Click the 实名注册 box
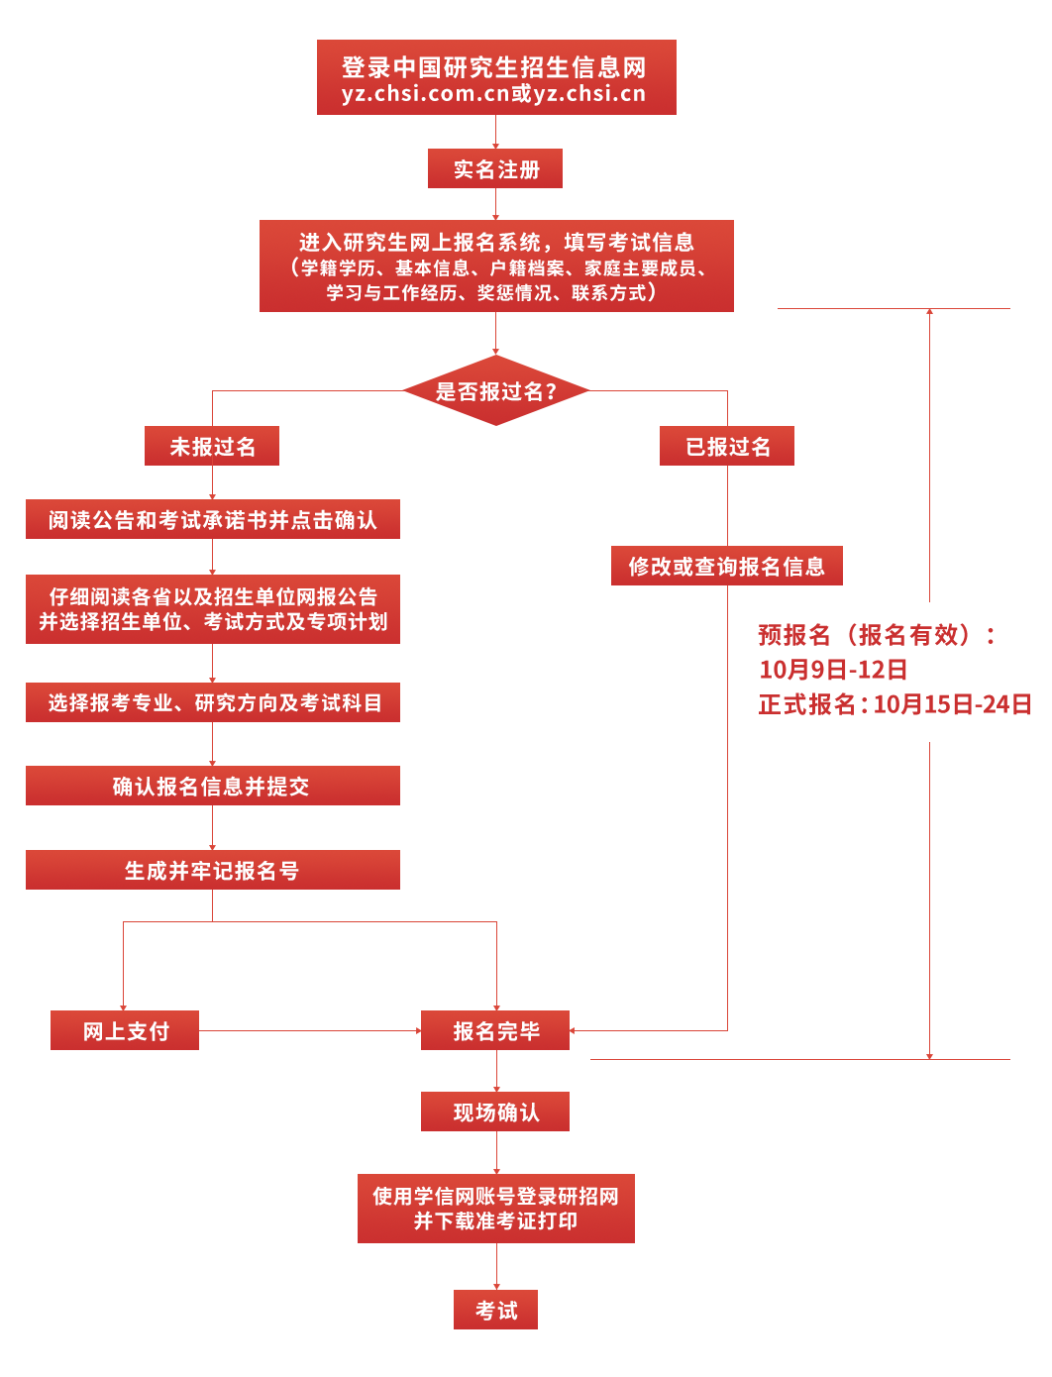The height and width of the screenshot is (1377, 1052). (495, 168)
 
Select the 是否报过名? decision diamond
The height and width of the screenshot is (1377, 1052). (495, 390)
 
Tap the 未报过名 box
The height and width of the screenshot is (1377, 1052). (212, 446)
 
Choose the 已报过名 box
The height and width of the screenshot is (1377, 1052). (727, 446)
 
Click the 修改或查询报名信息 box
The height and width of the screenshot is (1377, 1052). (727, 566)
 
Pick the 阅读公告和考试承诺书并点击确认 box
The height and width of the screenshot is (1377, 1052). (213, 519)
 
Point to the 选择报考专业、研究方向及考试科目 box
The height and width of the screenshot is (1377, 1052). (213, 702)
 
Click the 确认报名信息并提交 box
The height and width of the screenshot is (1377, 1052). (213, 786)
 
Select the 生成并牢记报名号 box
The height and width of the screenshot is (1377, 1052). (213, 870)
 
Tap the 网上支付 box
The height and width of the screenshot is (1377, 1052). (125, 1030)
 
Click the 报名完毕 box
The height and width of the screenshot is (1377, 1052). (495, 1030)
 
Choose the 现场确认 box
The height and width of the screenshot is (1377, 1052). (495, 1112)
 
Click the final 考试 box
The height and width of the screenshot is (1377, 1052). (495, 1310)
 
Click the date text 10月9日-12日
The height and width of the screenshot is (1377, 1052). (833, 670)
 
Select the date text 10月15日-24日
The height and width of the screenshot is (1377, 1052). (952, 704)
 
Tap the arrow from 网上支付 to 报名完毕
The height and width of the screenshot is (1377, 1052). (310, 1030)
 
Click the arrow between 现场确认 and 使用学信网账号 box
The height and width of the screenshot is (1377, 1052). (496, 1153)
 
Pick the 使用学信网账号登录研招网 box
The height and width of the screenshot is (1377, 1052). (495, 1209)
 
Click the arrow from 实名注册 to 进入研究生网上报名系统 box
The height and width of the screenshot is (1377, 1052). (495, 204)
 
